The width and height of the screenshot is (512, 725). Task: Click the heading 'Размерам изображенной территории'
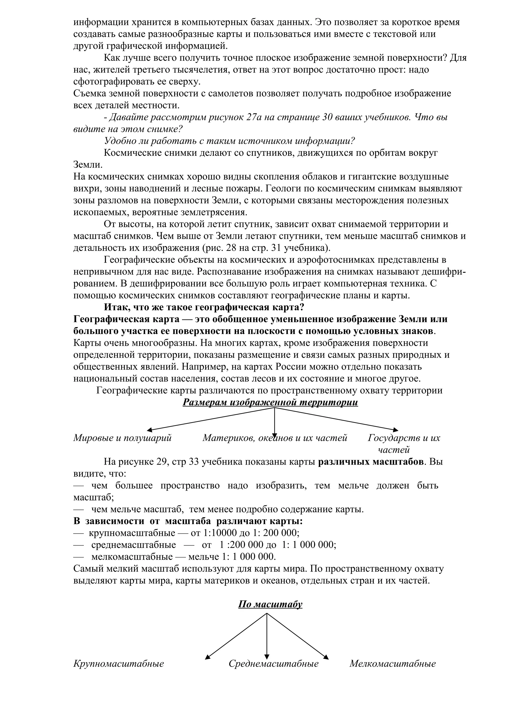(270, 403)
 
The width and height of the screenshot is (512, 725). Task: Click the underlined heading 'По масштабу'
(270, 604)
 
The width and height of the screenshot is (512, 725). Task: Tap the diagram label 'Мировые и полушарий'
(122, 438)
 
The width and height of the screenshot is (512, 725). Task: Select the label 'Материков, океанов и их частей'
(275, 438)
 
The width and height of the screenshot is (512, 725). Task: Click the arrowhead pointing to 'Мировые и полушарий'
(149, 430)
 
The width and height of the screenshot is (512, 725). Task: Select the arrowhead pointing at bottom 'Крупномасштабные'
(207, 657)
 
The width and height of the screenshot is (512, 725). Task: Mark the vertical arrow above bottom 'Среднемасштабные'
(267, 635)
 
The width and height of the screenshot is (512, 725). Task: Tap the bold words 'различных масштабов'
(371, 462)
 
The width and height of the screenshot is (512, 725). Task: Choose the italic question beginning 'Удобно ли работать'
(230, 141)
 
